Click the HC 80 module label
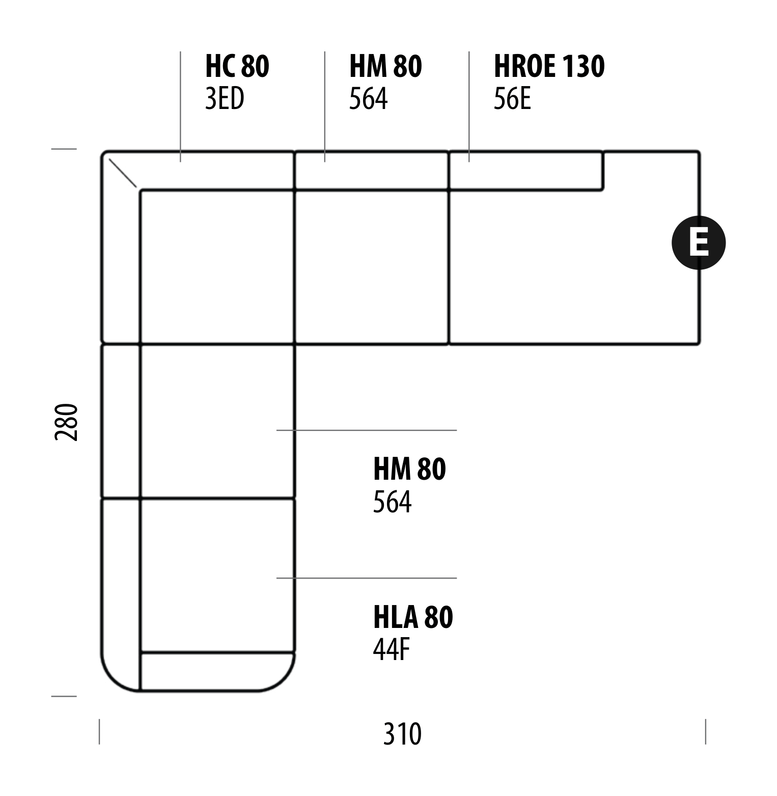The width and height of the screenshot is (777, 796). coord(237,66)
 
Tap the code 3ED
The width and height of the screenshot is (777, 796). coord(225,99)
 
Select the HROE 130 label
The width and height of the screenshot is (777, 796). coord(549,66)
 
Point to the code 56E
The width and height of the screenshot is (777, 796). coord(512,99)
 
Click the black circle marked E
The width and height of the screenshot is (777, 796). coord(699,242)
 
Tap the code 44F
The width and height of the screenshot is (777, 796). coord(392,649)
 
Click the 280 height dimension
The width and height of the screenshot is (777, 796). coord(67,422)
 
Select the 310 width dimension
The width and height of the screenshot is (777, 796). coord(402,734)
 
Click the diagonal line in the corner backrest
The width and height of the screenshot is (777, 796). coord(123,173)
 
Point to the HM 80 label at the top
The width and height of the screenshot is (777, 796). coord(385,66)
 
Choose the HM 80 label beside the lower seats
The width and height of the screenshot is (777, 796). coord(409,469)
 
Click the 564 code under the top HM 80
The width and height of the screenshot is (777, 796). coord(368,99)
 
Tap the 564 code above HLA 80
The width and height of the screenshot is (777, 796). coord(392,502)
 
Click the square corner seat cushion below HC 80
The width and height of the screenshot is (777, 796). coord(217,267)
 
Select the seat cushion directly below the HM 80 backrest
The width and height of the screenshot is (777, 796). coord(372,267)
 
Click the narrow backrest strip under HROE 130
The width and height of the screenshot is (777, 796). coord(525,171)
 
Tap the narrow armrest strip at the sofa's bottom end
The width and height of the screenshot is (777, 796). coord(217,671)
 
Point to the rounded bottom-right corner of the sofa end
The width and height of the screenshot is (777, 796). coord(283,680)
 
